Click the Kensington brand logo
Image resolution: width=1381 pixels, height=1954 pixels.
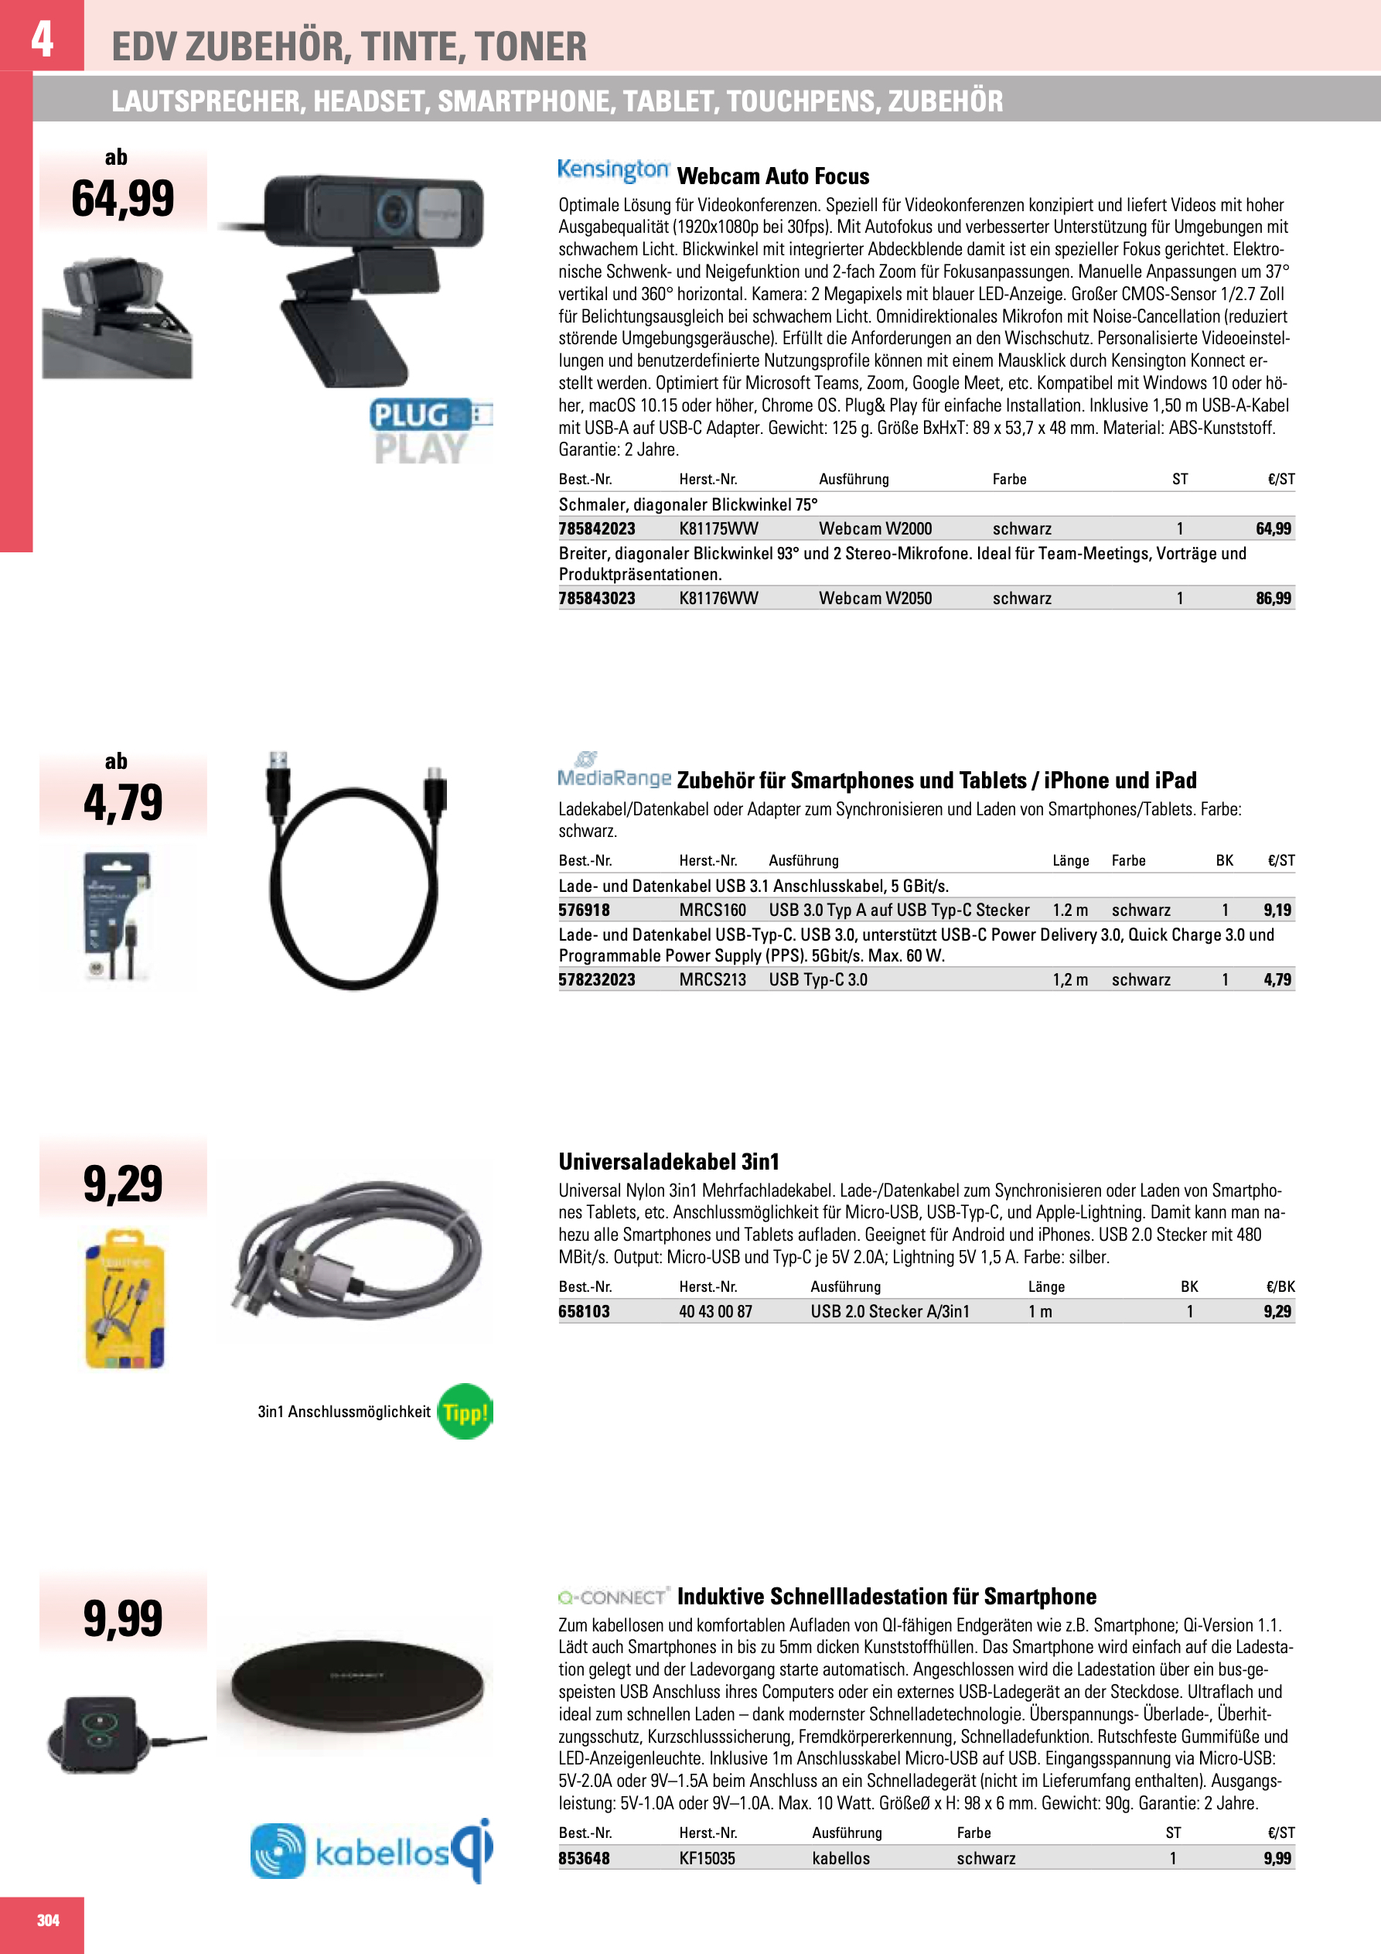613,170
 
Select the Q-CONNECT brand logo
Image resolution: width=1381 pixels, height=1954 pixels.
613,1597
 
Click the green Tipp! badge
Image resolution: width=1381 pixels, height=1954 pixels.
465,1412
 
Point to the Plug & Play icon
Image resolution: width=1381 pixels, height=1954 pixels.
431,432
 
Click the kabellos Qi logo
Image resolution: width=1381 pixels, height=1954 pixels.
372,1852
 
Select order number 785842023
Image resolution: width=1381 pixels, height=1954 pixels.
596,528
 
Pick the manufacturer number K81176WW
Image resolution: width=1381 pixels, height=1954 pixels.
718,598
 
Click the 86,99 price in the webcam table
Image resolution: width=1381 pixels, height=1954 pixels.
1273,598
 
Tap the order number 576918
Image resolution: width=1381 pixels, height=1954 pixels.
584,910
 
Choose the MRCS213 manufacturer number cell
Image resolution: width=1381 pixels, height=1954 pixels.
712,979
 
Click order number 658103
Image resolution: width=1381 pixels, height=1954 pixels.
584,1311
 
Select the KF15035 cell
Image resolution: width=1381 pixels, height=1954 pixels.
706,1858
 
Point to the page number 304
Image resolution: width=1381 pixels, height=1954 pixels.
48,1920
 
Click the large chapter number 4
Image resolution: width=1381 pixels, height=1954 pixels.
42,39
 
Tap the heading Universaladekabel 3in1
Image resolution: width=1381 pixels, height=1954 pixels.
669,1162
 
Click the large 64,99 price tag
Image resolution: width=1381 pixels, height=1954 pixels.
124,198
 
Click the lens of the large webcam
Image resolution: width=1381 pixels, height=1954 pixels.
394,210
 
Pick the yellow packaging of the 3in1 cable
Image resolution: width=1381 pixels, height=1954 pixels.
124,1300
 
